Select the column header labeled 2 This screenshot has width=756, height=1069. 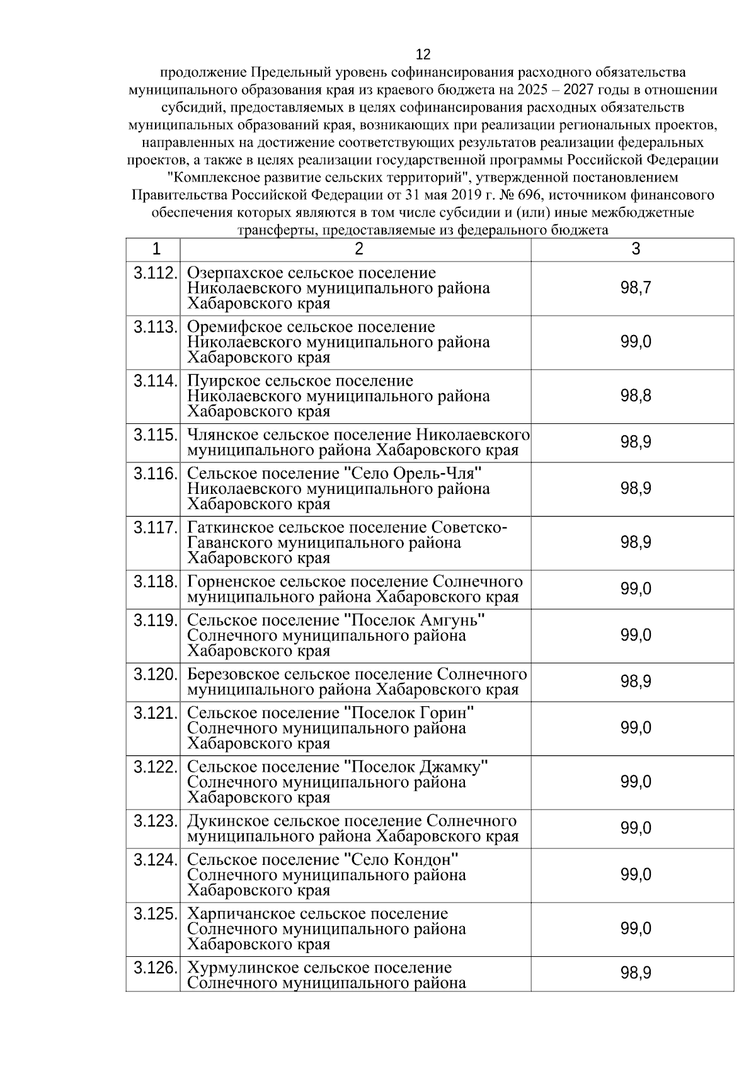click(358, 249)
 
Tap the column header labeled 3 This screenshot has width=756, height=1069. click(636, 249)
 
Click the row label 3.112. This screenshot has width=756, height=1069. click(154, 273)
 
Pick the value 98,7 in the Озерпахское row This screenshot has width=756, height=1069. click(636, 289)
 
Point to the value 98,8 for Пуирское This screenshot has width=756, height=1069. click(636, 396)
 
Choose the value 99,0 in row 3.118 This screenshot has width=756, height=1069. click(636, 589)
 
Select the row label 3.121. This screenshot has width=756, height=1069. click(154, 713)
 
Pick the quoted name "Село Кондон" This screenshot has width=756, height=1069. click(401, 860)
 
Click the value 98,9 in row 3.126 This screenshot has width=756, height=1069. click(636, 973)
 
